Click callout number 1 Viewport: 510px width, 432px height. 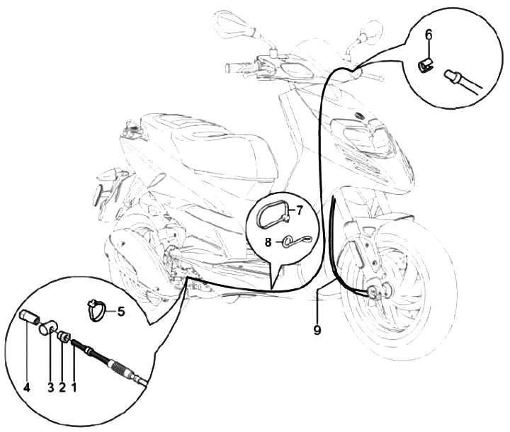point(74,387)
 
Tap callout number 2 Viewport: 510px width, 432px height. point(62,387)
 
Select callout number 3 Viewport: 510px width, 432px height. point(51,387)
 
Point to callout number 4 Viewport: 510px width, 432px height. point(27,387)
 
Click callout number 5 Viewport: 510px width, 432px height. point(121,312)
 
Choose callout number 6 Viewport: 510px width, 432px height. point(429,34)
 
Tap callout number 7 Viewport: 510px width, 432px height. point(299,210)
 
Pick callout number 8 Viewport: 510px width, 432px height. point(268,242)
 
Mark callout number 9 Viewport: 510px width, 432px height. point(317,330)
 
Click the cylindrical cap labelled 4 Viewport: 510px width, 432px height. point(29,317)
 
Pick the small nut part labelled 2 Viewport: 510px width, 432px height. point(63,336)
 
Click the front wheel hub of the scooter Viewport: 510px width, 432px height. point(379,290)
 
